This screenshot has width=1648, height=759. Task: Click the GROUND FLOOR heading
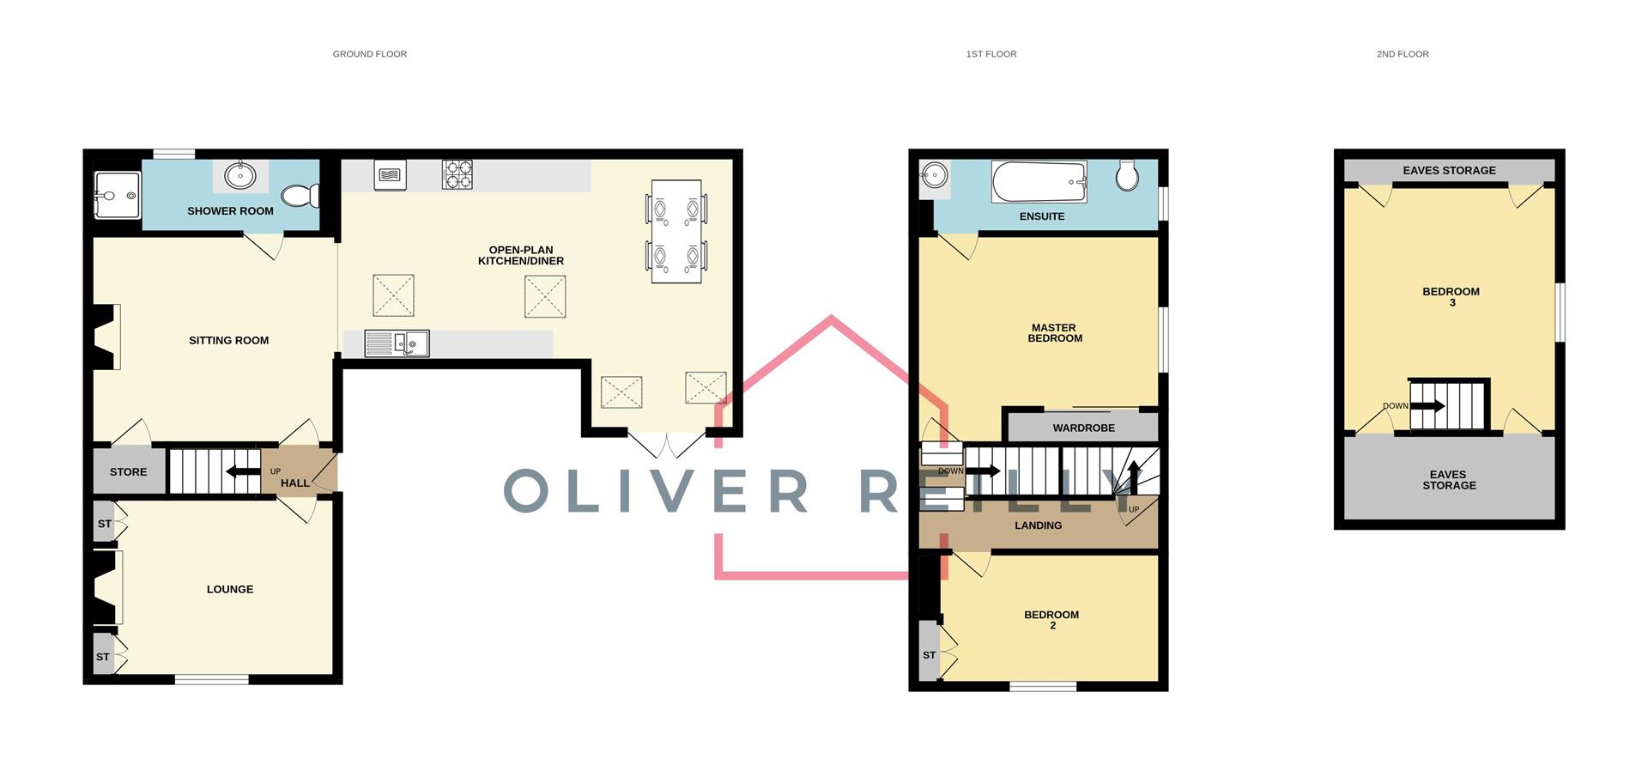pyautogui.click(x=369, y=54)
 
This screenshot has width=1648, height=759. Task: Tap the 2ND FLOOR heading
pyautogui.click(x=1402, y=54)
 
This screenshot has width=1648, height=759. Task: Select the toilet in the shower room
pyautogui.click(x=300, y=196)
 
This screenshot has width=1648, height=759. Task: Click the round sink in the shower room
pyautogui.click(x=240, y=176)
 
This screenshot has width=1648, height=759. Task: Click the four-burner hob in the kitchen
pyautogui.click(x=457, y=174)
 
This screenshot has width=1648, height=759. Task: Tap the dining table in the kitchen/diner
pyautogui.click(x=676, y=231)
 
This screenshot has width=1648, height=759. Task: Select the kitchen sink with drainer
pyautogui.click(x=397, y=343)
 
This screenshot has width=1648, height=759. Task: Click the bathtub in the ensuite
pyautogui.click(x=1039, y=182)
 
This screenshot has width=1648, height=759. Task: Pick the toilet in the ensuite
pyautogui.click(x=1127, y=176)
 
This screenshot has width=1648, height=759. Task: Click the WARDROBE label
pyautogui.click(x=1083, y=428)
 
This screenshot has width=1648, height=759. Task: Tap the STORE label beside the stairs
pyautogui.click(x=128, y=471)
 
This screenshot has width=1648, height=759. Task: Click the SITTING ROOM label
pyautogui.click(x=228, y=340)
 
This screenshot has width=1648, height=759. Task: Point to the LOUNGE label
pyautogui.click(x=229, y=589)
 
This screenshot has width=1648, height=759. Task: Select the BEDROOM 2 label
pyautogui.click(x=1051, y=619)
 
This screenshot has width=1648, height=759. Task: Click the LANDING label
pyautogui.click(x=1038, y=525)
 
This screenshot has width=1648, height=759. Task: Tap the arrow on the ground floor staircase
pyautogui.click(x=242, y=471)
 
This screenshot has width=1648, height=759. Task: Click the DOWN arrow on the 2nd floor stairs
pyautogui.click(x=1427, y=406)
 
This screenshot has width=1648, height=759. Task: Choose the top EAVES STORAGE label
pyautogui.click(x=1449, y=170)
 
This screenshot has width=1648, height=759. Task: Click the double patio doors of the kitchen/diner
pyautogui.click(x=666, y=444)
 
